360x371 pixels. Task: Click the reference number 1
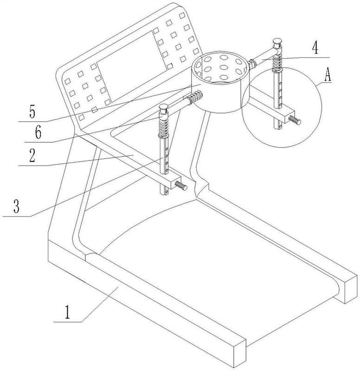(68, 312)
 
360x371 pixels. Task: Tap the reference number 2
(32, 155)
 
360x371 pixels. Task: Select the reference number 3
(16, 206)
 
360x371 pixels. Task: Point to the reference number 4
(315, 49)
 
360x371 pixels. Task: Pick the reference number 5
(32, 112)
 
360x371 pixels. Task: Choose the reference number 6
(38, 132)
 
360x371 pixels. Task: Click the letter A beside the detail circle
(328, 75)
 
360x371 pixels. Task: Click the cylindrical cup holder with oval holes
(220, 82)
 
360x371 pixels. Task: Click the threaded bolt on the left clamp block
(181, 186)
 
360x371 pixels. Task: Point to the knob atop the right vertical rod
(277, 43)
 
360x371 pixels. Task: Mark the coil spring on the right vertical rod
(277, 62)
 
